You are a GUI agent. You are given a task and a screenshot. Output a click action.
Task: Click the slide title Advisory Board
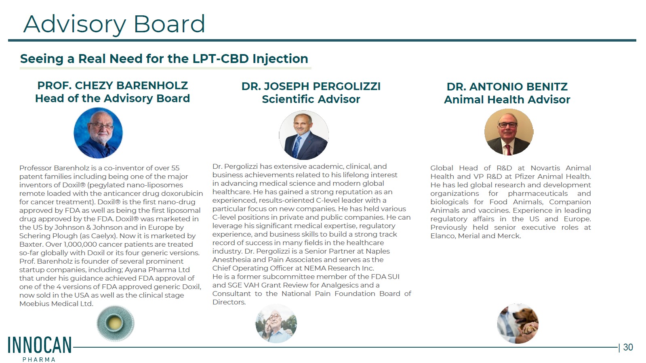[x=114, y=25]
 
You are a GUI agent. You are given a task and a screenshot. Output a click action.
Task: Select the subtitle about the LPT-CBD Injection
[x=164, y=59]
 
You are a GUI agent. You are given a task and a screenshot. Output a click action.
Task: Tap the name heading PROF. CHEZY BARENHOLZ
[x=112, y=86]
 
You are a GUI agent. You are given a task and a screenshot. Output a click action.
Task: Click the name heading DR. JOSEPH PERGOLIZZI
[x=311, y=86]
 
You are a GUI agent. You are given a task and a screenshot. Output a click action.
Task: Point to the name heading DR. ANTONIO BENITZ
[x=507, y=87]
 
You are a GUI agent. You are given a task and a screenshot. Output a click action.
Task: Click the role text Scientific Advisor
[x=311, y=99]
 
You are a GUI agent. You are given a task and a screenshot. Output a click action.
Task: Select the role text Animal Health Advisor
[x=507, y=100]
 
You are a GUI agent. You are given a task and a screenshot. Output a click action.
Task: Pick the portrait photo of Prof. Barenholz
[x=98, y=133]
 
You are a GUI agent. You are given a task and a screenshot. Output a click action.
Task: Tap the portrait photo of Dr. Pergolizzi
[x=304, y=135]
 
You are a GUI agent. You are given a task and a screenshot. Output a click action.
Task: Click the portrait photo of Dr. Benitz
[x=509, y=132]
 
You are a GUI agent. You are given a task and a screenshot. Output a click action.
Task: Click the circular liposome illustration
[x=116, y=323]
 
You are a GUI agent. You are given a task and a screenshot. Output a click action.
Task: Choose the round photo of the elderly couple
[x=276, y=323]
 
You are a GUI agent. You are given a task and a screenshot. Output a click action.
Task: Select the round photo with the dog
[x=518, y=323]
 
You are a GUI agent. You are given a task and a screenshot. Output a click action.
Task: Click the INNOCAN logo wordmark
[x=40, y=345]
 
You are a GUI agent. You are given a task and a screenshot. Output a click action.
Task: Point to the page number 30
[x=628, y=347]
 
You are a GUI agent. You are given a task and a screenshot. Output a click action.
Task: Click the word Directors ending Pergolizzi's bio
[x=229, y=302]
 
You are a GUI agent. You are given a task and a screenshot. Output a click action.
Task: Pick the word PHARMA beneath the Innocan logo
[x=39, y=359]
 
